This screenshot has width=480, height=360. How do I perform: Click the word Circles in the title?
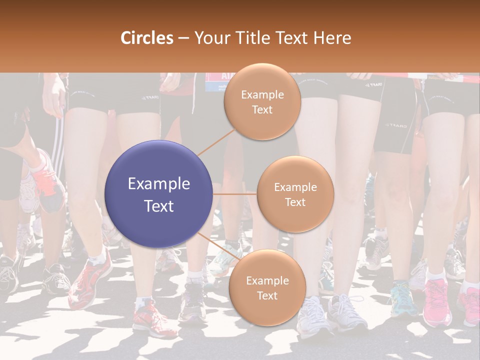click(x=147, y=37)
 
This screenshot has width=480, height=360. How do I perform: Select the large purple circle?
click(x=159, y=194)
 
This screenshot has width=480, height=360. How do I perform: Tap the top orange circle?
click(x=262, y=101)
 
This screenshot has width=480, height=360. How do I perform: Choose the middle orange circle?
click(x=295, y=194)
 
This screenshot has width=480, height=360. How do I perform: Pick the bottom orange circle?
click(x=267, y=287)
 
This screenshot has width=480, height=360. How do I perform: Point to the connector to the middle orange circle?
click(x=235, y=194)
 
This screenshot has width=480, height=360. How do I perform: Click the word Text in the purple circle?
click(x=159, y=206)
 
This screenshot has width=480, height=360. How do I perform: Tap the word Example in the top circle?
click(x=262, y=94)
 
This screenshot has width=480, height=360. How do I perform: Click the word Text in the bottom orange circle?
click(x=267, y=295)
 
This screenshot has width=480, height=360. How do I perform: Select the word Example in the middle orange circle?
click(x=295, y=187)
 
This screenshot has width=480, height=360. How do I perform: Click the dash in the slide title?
click(x=183, y=38)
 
